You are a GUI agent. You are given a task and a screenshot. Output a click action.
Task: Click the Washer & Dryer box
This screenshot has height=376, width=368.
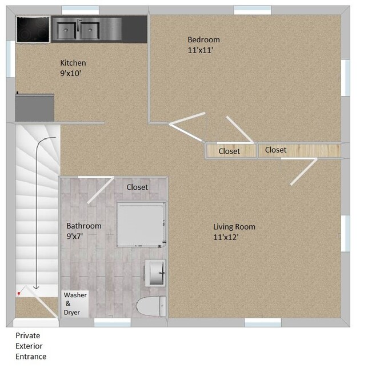pyautogui.click(x=75, y=303)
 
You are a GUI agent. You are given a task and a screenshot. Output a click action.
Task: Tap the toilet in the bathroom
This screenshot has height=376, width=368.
pyautogui.click(x=151, y=306)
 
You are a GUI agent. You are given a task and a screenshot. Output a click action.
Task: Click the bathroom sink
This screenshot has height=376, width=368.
pyautogui.click(x=155, y=273)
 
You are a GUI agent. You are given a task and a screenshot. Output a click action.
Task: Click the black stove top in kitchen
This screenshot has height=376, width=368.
pyautogui.click(x=32, y=29)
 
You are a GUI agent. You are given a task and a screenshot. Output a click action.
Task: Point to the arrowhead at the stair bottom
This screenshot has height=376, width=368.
pyautogui.click(x=36, y=287)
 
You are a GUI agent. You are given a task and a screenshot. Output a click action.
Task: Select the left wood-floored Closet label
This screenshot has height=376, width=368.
pyautogui.click(x=229, y=151)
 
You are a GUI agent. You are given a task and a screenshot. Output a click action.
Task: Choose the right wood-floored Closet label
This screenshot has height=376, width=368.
pyautogui.click(x=275, y=150)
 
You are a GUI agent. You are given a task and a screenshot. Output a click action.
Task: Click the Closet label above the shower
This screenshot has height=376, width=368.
pyautogui.click(x=137, y=187)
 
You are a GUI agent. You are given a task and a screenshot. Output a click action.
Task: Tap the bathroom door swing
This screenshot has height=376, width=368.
pyautogui.click(x=99, y=190)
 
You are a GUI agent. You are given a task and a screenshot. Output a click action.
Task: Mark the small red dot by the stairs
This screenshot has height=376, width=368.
pyautogui.click(x=19, y=293)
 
